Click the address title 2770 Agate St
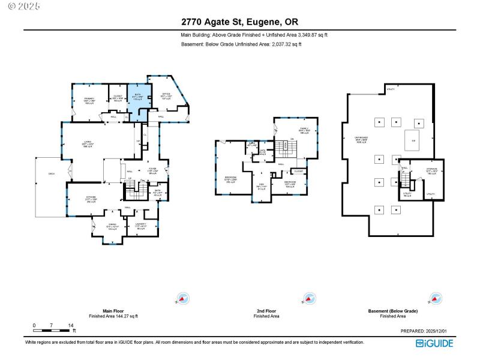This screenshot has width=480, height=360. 240,22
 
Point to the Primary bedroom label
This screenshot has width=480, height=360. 89,100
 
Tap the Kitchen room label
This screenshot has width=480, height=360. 91,200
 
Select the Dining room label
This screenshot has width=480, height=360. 112,226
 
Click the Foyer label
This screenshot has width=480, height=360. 152,171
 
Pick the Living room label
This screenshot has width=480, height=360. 88,144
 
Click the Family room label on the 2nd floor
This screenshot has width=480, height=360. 304,131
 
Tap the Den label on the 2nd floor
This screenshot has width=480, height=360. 261,187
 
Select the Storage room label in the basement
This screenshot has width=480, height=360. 431,172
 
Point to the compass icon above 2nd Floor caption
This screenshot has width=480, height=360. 308,298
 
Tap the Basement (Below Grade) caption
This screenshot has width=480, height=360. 392,311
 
